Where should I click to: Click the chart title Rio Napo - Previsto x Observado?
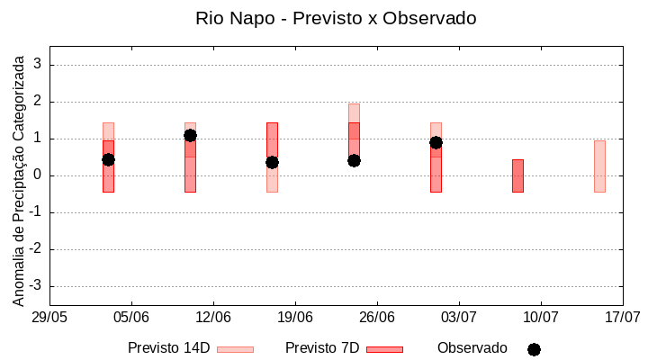(x=336, y=18)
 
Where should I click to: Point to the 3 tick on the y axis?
(x=38, y=65)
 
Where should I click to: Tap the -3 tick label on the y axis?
(x=35, y=286)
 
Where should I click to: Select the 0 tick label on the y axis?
(x=38, y=175)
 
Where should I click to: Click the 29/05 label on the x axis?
(x=49, y=318)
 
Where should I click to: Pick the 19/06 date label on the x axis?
(x=295, y=318)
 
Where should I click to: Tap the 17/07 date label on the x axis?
(x=622, y=318)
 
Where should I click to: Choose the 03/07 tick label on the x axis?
(x=459, y=318)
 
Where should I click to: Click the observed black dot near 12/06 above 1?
(x=190, y=135)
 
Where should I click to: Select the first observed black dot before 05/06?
(x=108, y=159)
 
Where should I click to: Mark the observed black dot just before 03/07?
(x=436, y=142)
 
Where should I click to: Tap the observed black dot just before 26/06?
(x=354, y=160)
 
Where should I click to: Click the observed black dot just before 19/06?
(x=272, y=162)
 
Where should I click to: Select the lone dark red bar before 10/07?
(x=517, y=175)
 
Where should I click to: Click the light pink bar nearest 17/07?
(x=599, y=166)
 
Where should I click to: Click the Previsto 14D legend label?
(x=168, y=348)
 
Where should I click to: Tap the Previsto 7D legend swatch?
(x=384, y=349)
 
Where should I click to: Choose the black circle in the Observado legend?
(x=534, y=349)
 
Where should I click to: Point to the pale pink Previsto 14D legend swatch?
(x=235, y=349)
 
